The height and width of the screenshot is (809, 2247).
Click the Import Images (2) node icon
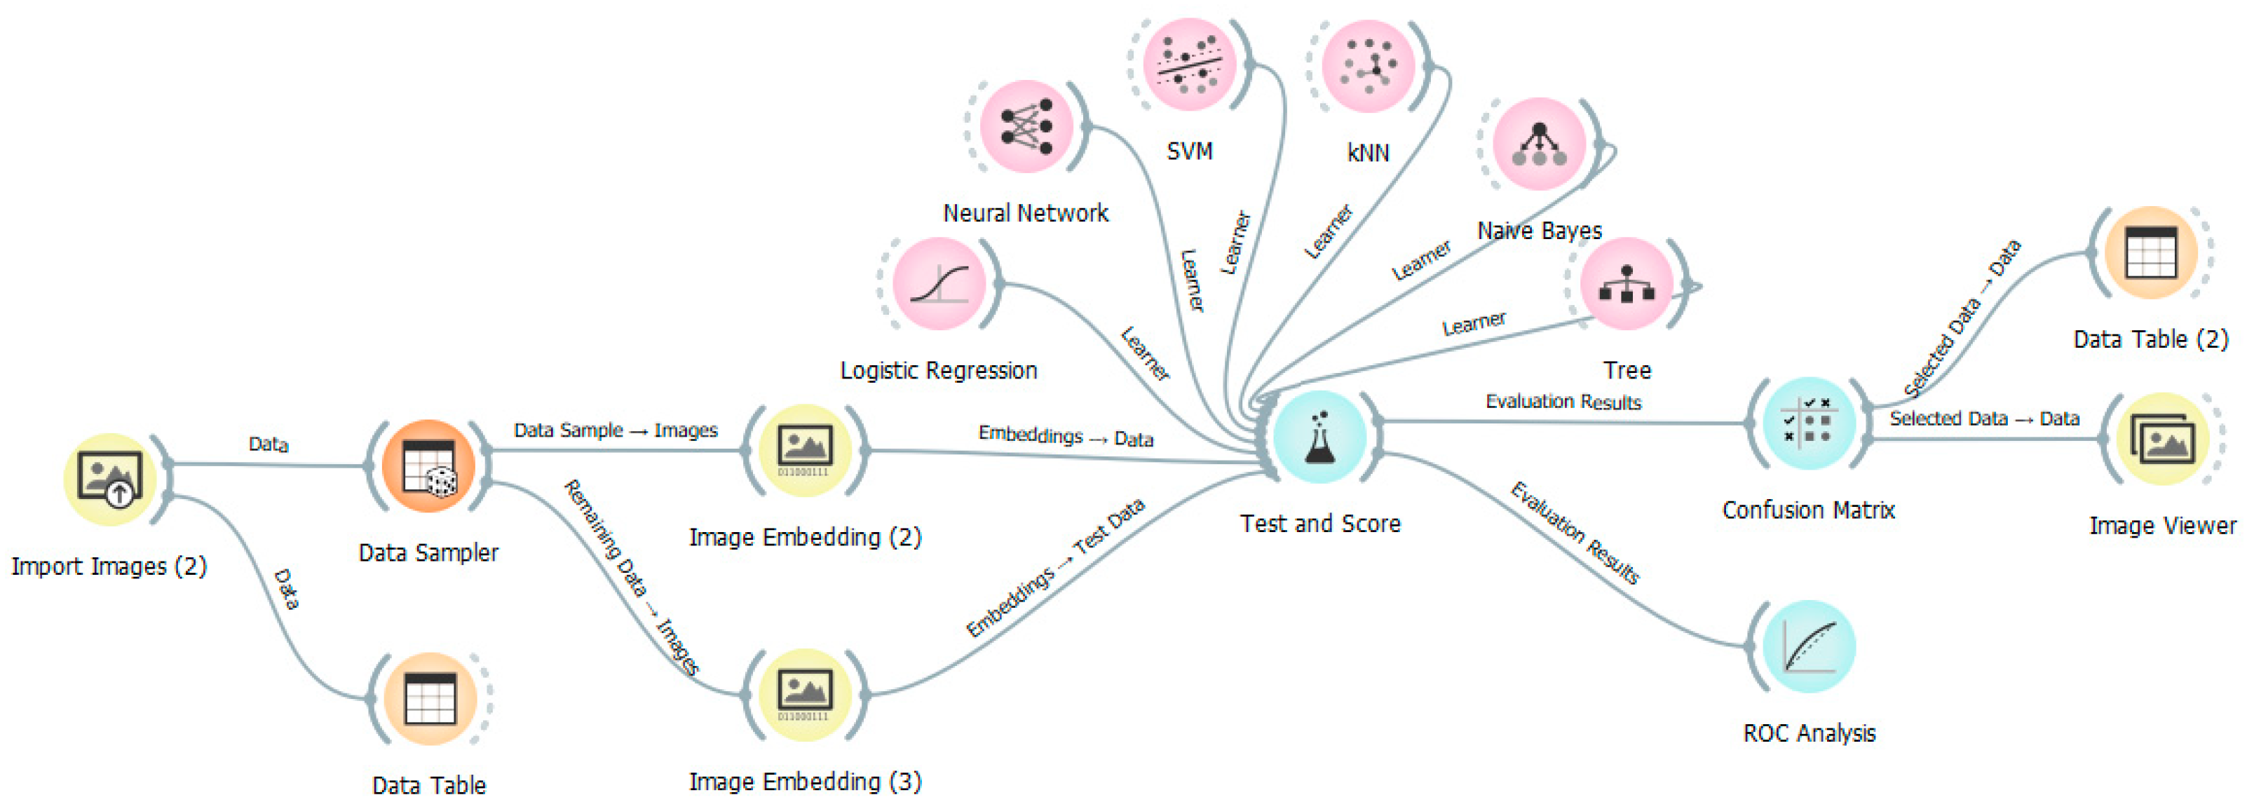pos(110,479)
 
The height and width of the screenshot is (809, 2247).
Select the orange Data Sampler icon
pos(428,465)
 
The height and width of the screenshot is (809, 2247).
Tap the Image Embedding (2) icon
pos(804,450)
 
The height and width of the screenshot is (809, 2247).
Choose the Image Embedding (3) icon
pos(804,695)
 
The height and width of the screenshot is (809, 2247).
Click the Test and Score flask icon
pos(1319,436)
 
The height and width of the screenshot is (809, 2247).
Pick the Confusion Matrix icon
pos(1808,423)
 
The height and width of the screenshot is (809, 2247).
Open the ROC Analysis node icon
pos(1808,646)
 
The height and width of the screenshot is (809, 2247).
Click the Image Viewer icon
pos(2161,438)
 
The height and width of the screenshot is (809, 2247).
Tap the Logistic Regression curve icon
pos(939,283)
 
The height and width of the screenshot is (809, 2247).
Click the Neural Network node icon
pos(1026,126)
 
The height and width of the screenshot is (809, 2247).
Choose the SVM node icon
pos(1190,64)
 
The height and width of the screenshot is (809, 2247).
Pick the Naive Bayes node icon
pos(1540,144)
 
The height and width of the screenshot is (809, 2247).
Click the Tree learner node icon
pos(1627,283)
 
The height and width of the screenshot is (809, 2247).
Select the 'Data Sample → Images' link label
pos(616,430)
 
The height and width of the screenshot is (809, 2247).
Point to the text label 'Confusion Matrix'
pos(1808,510)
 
